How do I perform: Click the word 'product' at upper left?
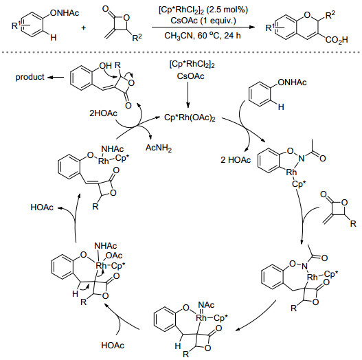(x=30, y=77)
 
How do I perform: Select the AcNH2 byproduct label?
(x=159, y=148)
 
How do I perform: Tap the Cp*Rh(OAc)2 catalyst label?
(x=190, y=117)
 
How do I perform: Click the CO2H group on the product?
(x=337, y=40)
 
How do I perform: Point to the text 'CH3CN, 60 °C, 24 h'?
(x=203, y=36)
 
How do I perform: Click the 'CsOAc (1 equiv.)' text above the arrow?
(x=203, y=21)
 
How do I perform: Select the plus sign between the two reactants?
(x=83, y=28)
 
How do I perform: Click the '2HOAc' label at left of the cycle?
(x=103, y=113)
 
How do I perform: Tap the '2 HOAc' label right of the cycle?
(x=236, y=160)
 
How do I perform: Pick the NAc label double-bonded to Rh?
(x=206, y=305)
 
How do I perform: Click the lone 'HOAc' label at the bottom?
(x=113, y=346)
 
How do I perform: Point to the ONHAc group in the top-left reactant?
(x=65, y=13)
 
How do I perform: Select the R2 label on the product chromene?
(x=330, y=15)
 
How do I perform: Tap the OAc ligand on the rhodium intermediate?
(x=114, y=256)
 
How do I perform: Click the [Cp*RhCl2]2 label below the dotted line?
(x=192, y=65)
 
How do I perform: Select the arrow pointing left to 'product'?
(x=56, y=77)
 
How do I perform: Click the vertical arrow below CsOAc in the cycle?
(x=188, y=94)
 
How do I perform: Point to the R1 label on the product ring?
(x=270, y=27)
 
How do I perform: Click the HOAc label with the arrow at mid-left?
(x=42, y=207)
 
